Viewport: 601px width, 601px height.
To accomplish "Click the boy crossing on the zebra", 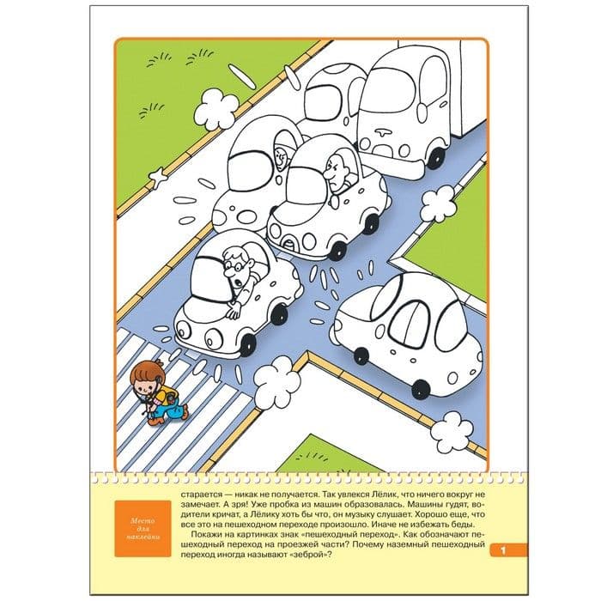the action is [157, 393].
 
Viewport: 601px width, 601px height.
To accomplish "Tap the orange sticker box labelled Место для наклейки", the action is [143, 529].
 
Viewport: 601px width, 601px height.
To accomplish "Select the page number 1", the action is [503, 551].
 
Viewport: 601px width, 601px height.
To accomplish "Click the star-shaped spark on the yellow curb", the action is [158, 178].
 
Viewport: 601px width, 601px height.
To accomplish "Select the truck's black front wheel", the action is [436, 158].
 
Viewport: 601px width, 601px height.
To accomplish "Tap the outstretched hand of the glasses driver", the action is [233, 310].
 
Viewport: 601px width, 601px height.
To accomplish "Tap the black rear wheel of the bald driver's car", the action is [371, 223].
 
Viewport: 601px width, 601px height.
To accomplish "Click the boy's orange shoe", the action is [155, 421].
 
